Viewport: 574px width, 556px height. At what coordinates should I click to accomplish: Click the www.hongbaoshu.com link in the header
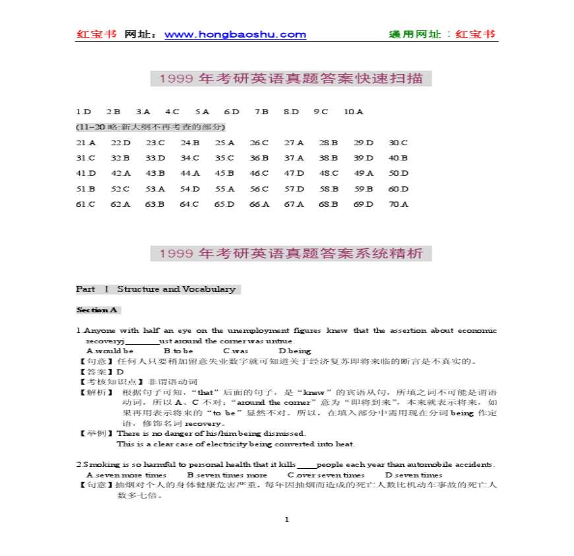[235, 35]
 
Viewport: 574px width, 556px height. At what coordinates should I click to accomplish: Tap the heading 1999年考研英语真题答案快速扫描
[291, 79]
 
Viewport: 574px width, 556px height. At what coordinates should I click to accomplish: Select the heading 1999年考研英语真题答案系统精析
[291, 254]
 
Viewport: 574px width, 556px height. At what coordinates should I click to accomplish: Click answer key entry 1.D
[82, 112]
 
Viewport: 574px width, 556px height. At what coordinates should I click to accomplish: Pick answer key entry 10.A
[353, 112]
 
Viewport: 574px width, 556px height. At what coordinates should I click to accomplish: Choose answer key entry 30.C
[398, 143]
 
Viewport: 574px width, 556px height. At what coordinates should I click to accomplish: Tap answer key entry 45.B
[224, 173]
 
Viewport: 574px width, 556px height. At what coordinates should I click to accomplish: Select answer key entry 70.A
[398, 204]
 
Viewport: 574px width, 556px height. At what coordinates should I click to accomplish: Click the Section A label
[97, 310]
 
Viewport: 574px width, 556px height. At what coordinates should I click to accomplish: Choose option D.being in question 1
[294, 351]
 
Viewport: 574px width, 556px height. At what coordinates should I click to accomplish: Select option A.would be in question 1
[110, 351]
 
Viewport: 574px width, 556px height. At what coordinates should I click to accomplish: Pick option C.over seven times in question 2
[326, 475]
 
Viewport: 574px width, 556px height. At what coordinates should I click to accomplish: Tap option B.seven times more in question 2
[227, 475]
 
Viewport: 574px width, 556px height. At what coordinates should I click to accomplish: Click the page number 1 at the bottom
[287, 519]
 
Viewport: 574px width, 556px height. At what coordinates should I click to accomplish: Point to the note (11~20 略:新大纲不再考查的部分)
[151, 127]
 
